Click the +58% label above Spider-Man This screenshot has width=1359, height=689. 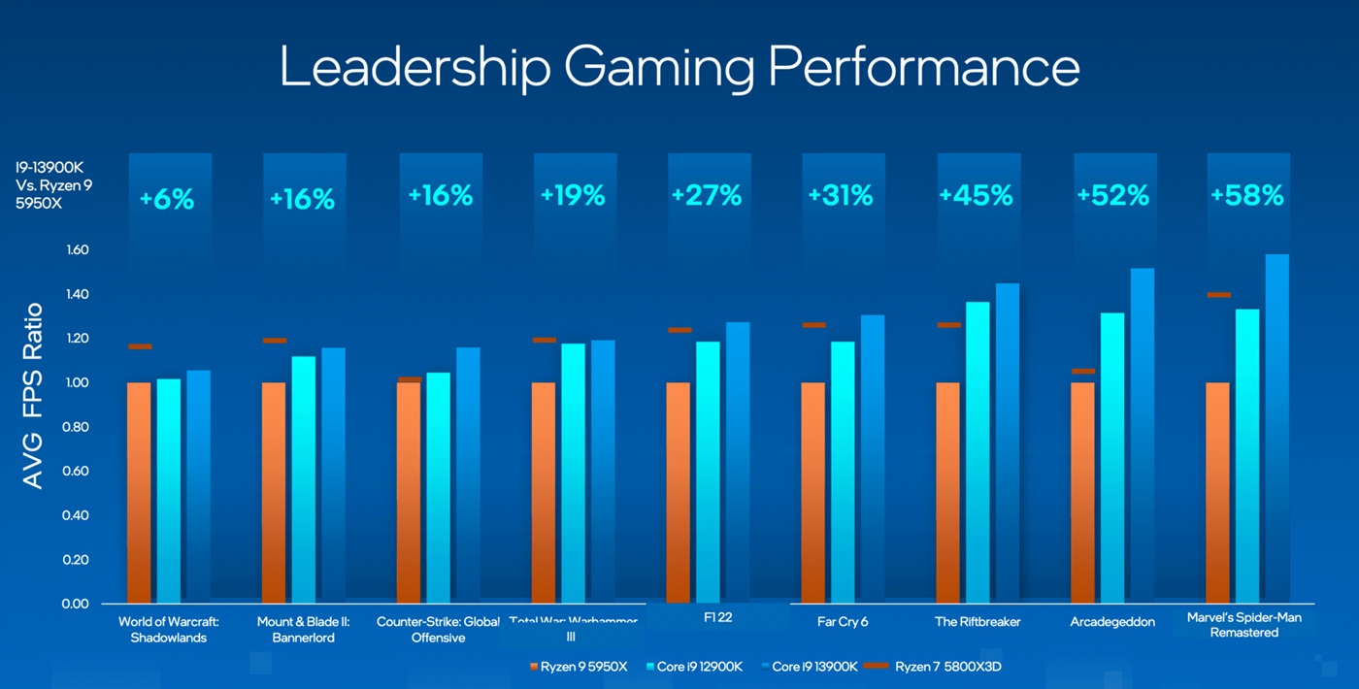click(1246, 195)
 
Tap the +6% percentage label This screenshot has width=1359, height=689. click(166, 200)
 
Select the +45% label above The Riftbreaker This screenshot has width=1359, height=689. click(976, 195)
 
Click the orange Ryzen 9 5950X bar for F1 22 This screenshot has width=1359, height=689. click(679, 492)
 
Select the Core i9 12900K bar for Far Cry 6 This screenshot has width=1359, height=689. click(843, 472)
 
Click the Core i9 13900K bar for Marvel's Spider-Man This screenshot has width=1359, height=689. click(1277, 428)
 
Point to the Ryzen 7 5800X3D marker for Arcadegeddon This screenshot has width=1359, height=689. click(1083, 371)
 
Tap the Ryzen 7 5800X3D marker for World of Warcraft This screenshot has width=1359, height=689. click(140, 346)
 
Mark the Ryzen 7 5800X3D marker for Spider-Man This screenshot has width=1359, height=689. click(1217, 294)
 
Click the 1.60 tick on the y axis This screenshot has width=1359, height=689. click(77, 250)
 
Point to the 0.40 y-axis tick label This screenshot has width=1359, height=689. click(77, 515)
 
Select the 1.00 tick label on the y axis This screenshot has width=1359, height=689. click(77, 383)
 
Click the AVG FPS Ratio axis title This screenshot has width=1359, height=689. click(33, 395)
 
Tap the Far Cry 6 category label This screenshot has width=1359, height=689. click(842, 622)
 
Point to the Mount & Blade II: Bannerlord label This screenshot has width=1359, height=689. click(303, 629)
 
